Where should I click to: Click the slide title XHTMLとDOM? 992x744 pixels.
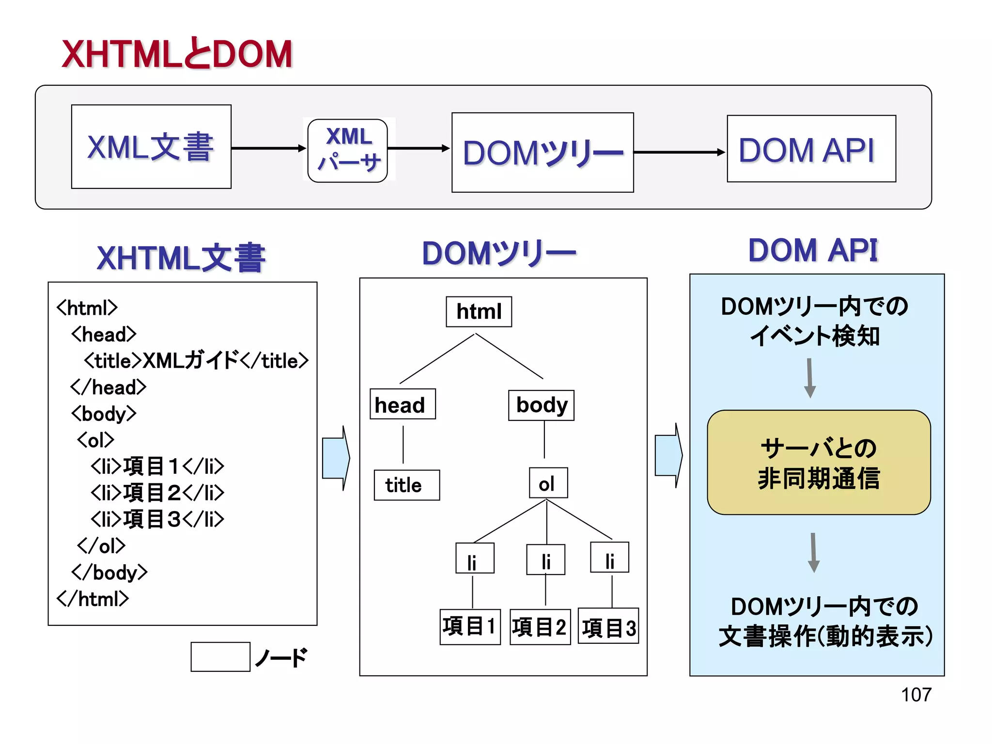(x=177, y=54)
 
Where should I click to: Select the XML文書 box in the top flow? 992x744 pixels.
(x=151, y=147)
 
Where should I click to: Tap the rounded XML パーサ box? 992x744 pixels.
(x=348, y=151)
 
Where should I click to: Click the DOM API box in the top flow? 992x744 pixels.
(x=811, y=149)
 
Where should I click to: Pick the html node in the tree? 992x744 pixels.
(x=479, y=311)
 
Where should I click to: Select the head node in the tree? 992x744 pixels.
(x=402, y=404)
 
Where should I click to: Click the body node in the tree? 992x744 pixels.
(x=541, y=405)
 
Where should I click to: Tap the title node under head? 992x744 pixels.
(x=406, y=485)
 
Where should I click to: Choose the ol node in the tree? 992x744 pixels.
(x=548, y=483)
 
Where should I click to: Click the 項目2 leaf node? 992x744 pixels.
(x=540, y=627)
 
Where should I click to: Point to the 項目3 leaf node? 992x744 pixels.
(x=608, y=627)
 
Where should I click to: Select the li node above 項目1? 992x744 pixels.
(x=474, y=558)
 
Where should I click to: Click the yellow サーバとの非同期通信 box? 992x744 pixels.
(x=818, y=463)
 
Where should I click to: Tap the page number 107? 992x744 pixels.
(x=915, y=695)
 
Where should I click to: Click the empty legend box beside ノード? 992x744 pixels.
(x=220, y=657)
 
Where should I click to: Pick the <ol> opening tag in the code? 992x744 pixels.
(x=96, y=440)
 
